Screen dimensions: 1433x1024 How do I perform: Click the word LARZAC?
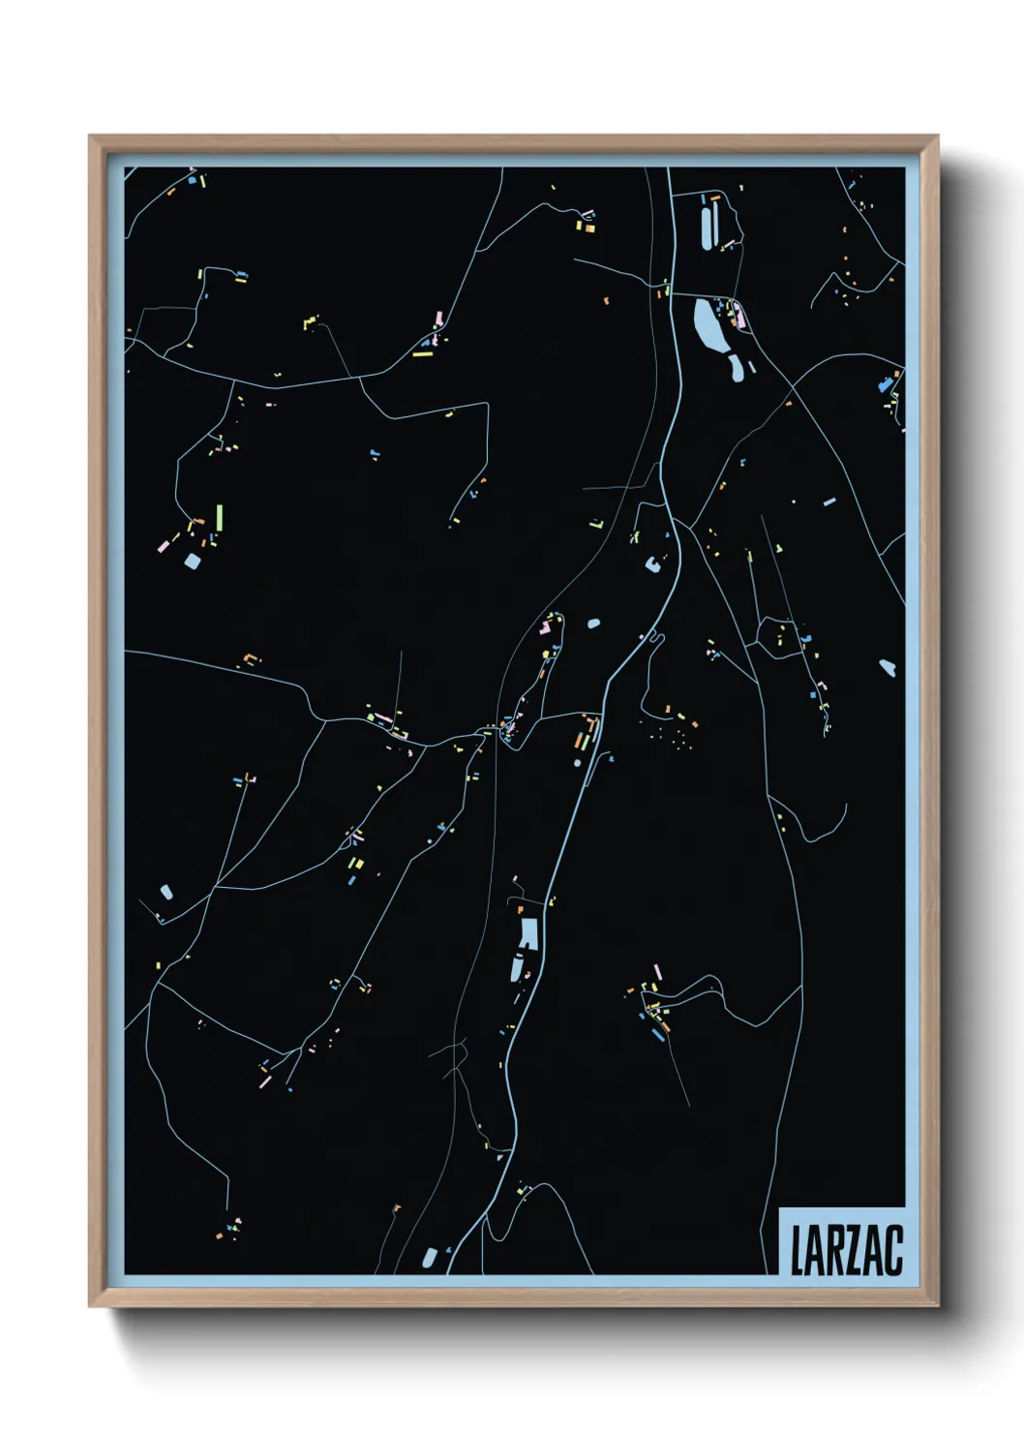pos(846,1250)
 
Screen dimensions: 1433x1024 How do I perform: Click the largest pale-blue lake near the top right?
pos(708,325)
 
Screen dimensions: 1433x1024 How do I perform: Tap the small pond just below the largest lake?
pos(736,367)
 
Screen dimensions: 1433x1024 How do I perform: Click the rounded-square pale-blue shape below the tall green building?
pos(192,561)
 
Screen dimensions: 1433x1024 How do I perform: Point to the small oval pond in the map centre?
pos(593,624)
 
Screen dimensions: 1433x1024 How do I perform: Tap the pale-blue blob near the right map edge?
pos(888,666)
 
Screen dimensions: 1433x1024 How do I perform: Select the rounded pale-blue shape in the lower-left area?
pos(166,891)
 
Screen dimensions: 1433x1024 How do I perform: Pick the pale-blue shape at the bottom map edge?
pos(430,1258)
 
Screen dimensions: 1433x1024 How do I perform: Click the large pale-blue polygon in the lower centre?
pos(527,932)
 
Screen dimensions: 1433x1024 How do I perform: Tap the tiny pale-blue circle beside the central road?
pos(578,763)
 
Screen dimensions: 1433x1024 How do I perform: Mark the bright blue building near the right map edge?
pos(883,386)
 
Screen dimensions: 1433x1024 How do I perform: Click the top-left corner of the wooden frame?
pos(90,137)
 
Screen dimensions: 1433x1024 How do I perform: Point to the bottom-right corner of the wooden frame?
pos(938,1306)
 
